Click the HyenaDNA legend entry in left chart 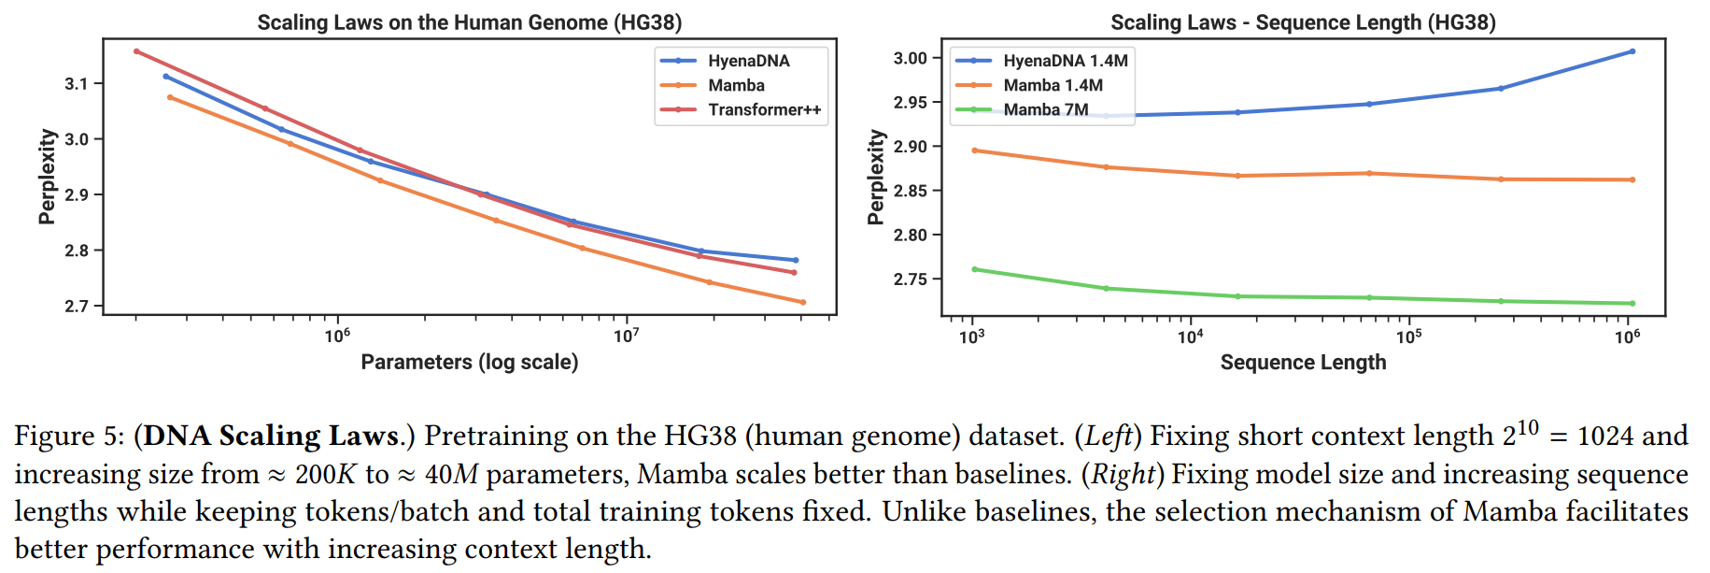(748, 61)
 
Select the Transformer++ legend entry (764, 109)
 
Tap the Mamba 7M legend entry (1045, 109)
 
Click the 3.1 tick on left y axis (76, 84)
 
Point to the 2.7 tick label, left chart (76, 307)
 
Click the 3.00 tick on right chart (910, 58)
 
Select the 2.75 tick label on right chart (910, 279)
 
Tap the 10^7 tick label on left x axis (626, 336)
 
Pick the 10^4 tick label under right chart (1190, 337)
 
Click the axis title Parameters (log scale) (469, 362)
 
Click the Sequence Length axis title (1303, 363)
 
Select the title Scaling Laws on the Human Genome (469, 22)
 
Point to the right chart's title (1303, 22)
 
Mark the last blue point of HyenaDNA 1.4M (1632, 51)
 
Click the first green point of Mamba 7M (974, 269)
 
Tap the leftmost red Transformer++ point (136, 51)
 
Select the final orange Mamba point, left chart (803, 302)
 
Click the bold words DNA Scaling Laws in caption (270, 436)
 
